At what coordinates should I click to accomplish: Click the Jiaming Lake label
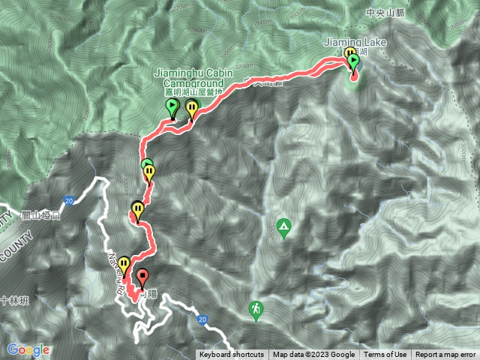point(355,43)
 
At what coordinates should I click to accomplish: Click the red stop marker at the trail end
point(142,283)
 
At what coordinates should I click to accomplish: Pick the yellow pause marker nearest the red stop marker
point(124,264)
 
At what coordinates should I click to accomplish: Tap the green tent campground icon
point(283,225)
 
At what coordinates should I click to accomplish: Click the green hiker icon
point(256,307)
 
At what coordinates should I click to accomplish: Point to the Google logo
point(28,349)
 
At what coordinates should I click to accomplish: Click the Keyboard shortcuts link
point(232,355)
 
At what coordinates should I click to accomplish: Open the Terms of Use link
point(385,355)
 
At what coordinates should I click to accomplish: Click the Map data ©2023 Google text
point(313,355)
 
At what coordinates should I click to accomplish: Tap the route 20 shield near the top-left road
point(69,201)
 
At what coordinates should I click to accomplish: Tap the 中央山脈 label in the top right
point(385,13)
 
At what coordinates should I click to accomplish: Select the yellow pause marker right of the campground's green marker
point(192,108)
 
